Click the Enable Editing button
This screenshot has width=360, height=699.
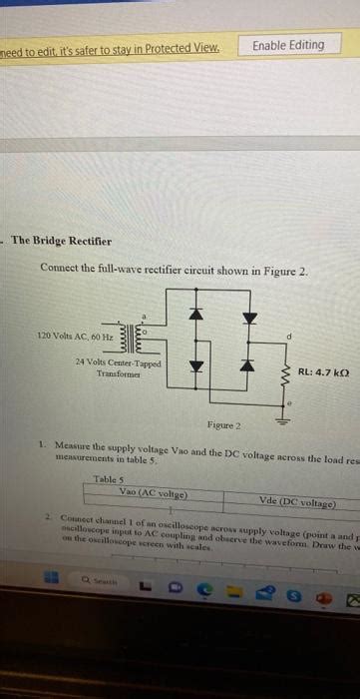[288, 45]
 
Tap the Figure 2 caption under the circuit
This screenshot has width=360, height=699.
[224, 425]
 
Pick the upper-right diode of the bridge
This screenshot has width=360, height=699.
[250, 318]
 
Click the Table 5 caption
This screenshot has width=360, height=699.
[108, 479]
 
